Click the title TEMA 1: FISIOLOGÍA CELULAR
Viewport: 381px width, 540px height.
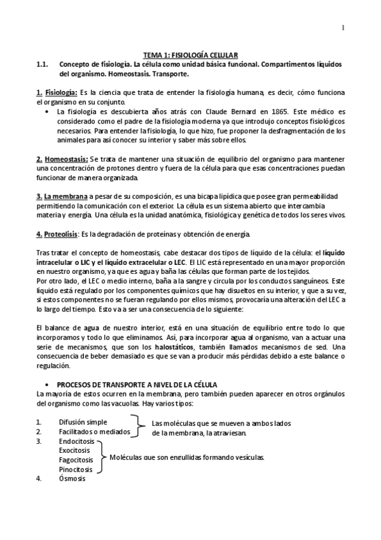tap(190, 56)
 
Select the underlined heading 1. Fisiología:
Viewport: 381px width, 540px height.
tap(57, 93)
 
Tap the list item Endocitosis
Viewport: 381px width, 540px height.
tap(76, 441)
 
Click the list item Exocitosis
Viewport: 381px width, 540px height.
tap(75, 450)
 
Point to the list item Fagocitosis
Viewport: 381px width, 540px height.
tap(76, 460)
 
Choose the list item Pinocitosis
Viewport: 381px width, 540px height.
tap(76, 469)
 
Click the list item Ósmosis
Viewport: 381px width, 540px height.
tap(72, 479)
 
